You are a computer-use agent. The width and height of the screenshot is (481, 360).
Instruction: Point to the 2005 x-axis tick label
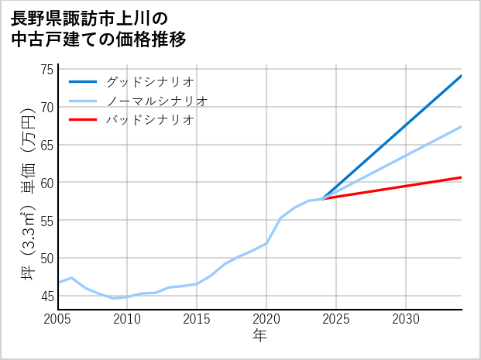click(58, 319)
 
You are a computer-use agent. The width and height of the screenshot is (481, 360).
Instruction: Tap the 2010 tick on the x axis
click(127, 319)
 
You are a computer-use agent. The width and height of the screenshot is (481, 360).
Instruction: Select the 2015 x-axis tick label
click(197, 319)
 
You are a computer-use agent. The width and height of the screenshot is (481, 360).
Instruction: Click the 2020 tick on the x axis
click(266, 319)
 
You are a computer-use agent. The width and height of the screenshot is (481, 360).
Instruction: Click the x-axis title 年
click(259, 336)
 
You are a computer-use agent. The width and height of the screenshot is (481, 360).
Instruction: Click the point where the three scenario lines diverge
click(322, 199)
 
